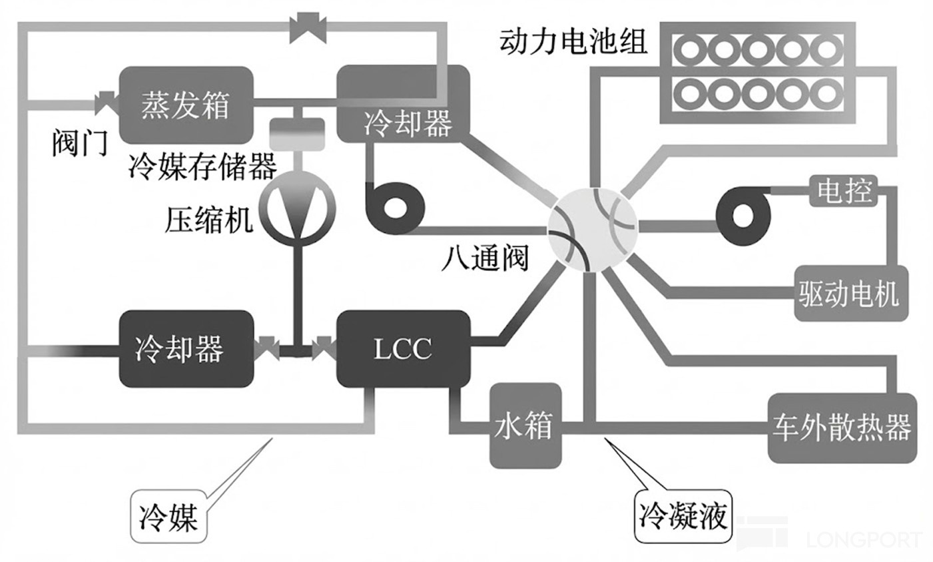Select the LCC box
click(403, 348)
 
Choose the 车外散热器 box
click(842, 427)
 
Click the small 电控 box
click(844, 191)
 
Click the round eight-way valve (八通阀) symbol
click(592, 228)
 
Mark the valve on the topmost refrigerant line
click(308, 29)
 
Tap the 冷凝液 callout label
click(683, 515)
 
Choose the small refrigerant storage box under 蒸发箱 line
click(297, 132)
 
